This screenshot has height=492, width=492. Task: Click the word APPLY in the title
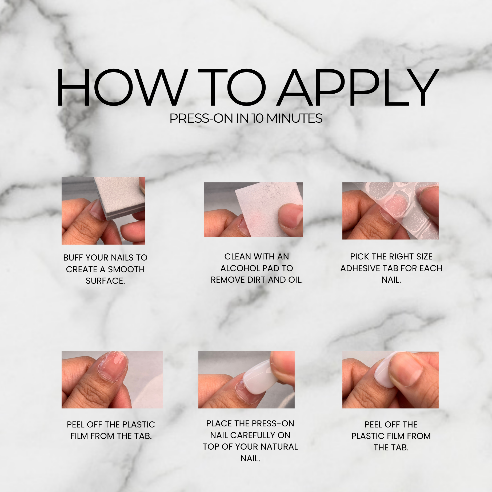(x=358, y=87)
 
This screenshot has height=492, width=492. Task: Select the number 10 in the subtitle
(x=258, y=118)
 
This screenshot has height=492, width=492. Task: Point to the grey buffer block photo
(x=103, y=211)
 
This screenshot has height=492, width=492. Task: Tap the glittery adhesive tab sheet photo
(x=390, y=211)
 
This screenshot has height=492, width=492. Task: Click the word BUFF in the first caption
(x=73, y=258)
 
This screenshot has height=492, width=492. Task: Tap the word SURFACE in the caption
(x=105, y=281)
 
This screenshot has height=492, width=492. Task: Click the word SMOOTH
(x=126, y=269)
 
